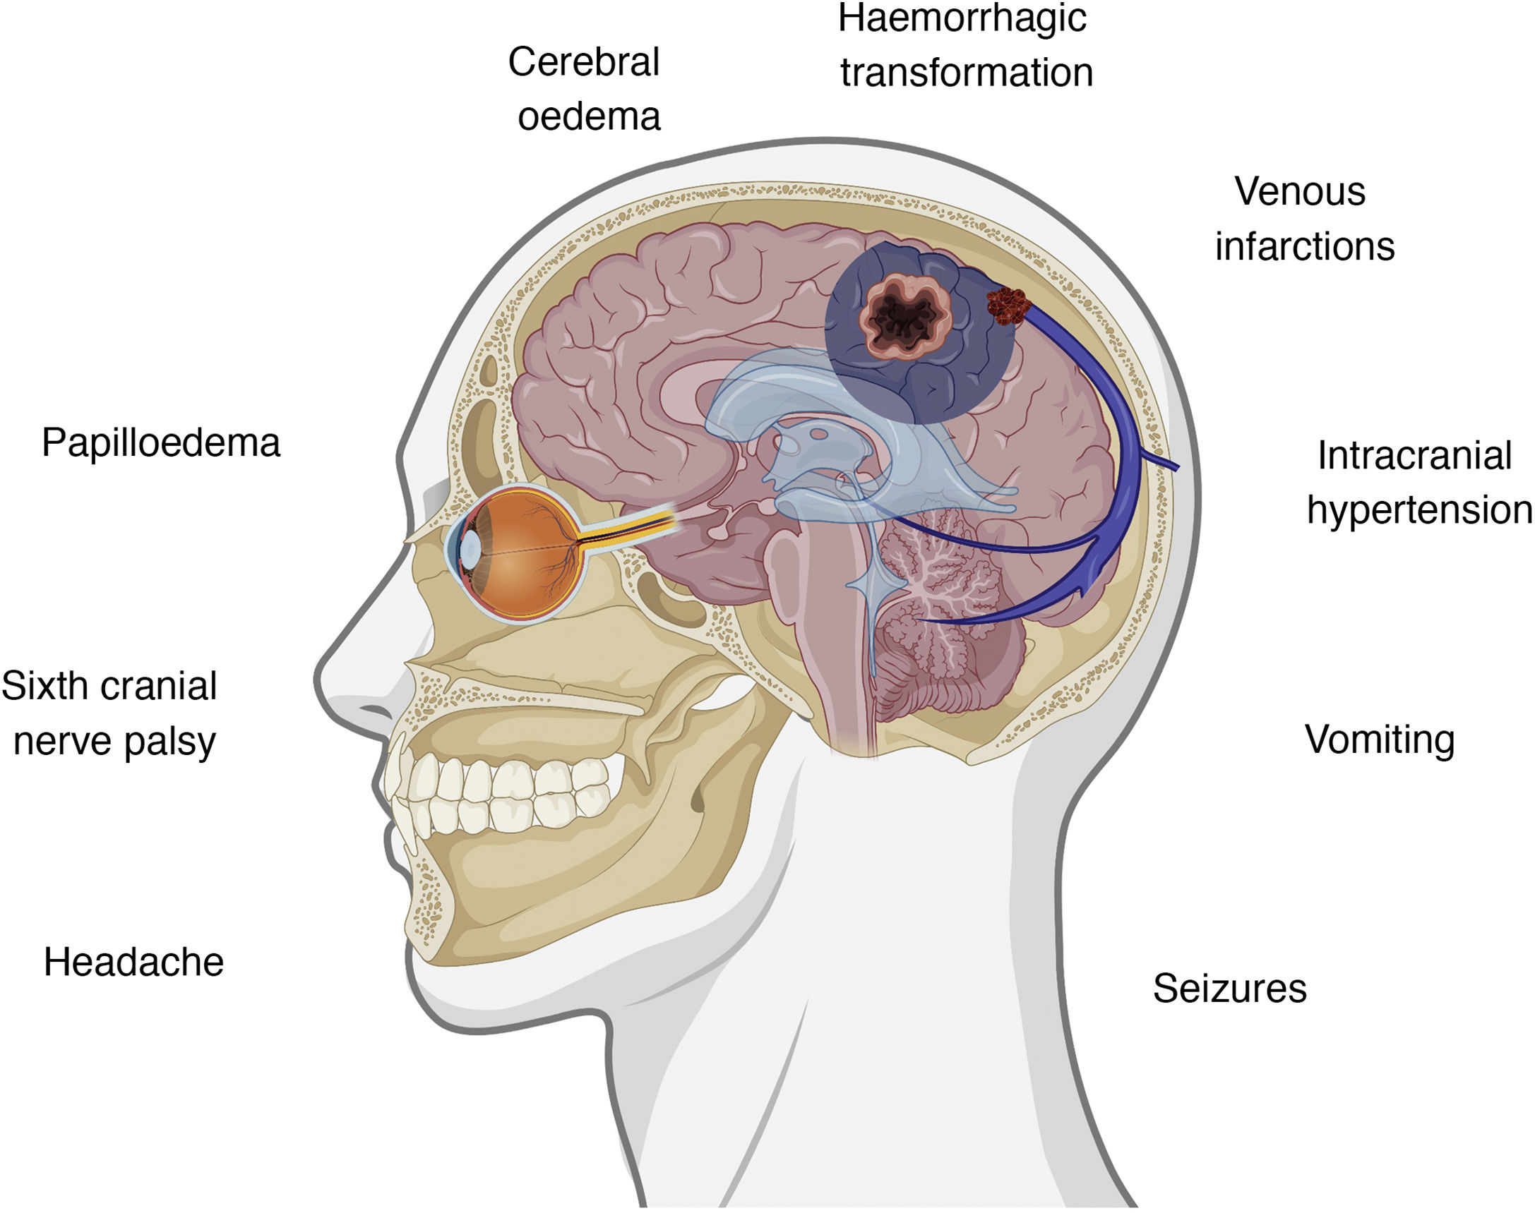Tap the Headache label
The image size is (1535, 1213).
pyautogui.click(x=133, y=963)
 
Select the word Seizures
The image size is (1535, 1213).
pyautogui.click(x=1229, y=988)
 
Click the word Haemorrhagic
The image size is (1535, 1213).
pyautogui.click(x=962, y=19)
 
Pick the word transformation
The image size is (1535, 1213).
pyautogui.click(x=967, y=73)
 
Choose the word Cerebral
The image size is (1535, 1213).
pyautogui.click(x=583, y=62)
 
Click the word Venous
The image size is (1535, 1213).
pyautogui.click(x=1300, y=191)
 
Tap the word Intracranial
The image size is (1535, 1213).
pyautogui.click(x=1414, y=455)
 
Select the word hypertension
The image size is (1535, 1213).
pyautogui.click(x=1419, y=510)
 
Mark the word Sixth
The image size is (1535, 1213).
pyautogui.click(x=43, y=686)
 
